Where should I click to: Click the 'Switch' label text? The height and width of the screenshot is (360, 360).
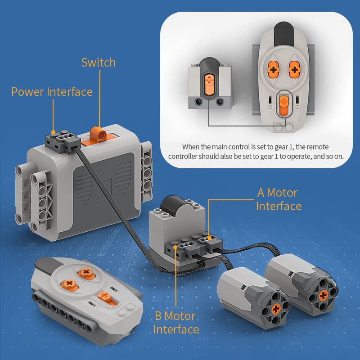pos(98,63)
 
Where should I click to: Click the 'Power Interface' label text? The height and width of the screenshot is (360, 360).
pos(52,92)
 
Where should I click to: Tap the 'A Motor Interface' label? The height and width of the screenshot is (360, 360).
pos(279,199)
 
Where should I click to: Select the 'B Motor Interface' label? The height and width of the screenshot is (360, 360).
pos(176,322)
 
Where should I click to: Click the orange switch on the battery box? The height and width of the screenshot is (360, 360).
pos(96,134)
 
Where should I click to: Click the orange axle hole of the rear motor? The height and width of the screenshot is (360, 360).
pos(323,295)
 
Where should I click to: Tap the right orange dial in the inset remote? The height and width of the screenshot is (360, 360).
pos(294,69)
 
